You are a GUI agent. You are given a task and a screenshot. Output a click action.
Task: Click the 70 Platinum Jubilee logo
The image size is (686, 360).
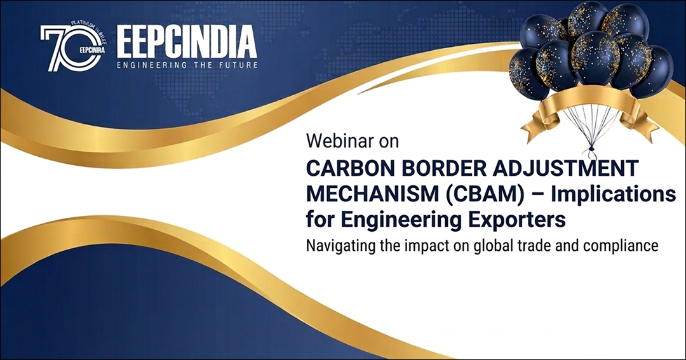[73, 47]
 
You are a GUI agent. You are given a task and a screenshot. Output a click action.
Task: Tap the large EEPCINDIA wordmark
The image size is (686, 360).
[187, 42]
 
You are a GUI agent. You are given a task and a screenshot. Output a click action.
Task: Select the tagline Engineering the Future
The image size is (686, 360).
[187, 65]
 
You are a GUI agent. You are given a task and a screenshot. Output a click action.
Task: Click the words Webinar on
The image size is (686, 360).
[353, 141]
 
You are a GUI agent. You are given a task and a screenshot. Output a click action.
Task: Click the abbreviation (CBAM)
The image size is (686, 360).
[485, 194]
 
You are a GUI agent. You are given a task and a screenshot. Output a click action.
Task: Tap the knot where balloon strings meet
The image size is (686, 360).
[591, 148]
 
